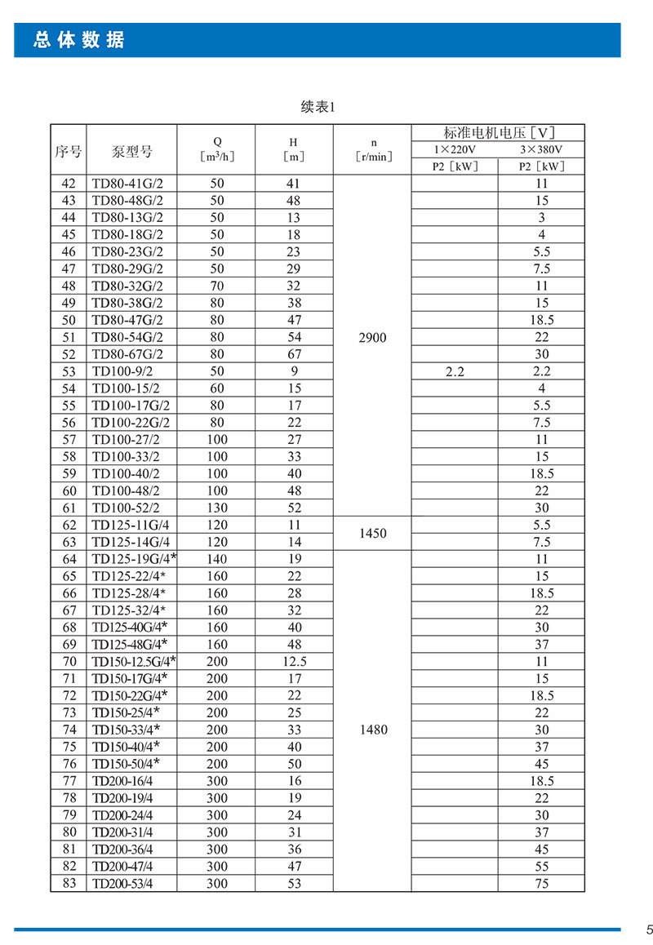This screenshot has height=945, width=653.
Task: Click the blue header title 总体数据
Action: [x=79, y=40]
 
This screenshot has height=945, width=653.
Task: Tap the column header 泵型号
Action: [x=131, y=152]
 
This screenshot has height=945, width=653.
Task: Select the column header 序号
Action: [x=69, y=152]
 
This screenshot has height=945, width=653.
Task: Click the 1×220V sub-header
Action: [x=455, y=149]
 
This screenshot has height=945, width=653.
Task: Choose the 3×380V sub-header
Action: [x=541, y=149]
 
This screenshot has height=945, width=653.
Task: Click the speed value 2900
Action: [x=372, y=337]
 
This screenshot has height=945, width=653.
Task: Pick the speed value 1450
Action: [x=372, y=533]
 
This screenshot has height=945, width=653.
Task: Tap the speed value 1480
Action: [x=372, y=730]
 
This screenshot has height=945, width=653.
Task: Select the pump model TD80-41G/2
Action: [x=127, y=184]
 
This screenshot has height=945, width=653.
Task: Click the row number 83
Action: [x=69, y=883]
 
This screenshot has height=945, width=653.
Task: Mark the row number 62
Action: [x=69, y=525]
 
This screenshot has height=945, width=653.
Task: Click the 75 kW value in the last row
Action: [x=542, y=883]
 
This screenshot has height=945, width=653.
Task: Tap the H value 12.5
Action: [x=294, y=661]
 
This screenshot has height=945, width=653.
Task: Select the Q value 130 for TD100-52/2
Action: [x=216, y=508]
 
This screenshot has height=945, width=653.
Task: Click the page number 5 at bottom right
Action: [x=649, y=929]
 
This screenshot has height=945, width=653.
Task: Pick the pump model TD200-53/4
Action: [x=122, y=883]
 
